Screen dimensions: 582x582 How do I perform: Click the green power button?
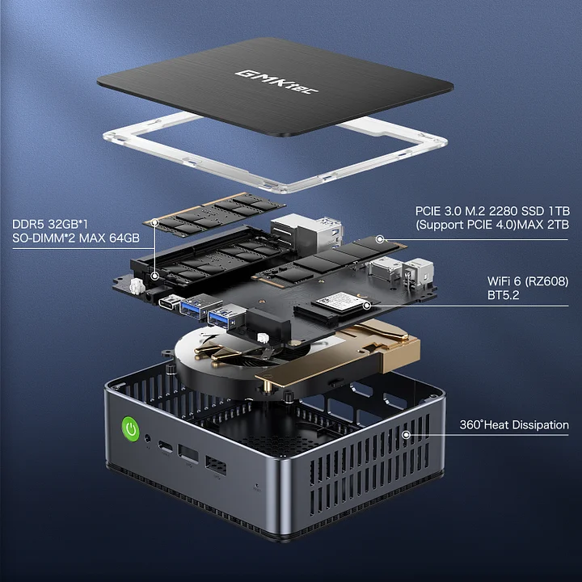131,429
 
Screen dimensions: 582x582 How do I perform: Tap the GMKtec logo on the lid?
276,82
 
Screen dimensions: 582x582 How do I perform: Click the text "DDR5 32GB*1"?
50,224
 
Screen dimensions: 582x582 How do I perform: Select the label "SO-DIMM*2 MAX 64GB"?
76,238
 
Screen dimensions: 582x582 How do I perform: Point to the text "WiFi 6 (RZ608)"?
528,281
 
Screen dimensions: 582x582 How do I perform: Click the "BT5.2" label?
503,295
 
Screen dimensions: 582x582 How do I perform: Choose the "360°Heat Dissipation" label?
514,424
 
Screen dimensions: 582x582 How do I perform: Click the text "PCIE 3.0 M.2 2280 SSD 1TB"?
492,211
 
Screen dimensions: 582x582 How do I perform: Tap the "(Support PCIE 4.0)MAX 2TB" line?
492,225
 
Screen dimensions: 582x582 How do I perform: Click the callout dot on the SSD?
380,239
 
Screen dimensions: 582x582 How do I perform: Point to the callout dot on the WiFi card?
367,306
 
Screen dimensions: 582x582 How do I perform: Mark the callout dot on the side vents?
407,435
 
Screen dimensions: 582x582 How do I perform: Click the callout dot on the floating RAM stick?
155,222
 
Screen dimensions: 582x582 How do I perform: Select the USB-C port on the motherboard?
170,302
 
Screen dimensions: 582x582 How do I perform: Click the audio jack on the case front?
148,438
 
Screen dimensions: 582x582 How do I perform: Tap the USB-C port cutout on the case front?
166,445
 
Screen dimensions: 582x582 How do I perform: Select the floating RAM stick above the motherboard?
214,214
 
